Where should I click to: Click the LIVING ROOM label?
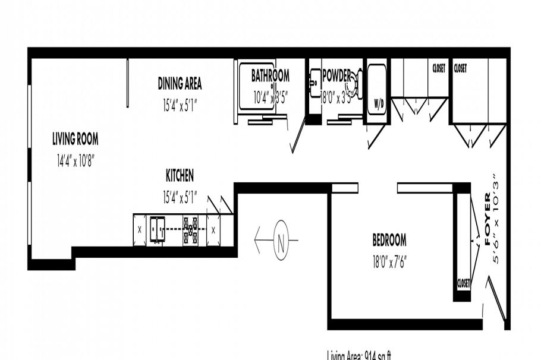coord(75,140)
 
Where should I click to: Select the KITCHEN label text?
coord(180,175)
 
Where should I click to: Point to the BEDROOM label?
coord(389,240)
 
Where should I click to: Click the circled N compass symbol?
coord(282,241)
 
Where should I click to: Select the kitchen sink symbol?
coord(158,229)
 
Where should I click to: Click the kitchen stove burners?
coord(190,229)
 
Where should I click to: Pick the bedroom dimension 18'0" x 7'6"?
coord(389,260)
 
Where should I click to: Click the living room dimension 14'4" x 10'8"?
coord(76,160)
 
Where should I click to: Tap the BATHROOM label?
coord(270,76)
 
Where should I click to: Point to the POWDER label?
coord(336,76)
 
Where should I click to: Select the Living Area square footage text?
coord(358,355)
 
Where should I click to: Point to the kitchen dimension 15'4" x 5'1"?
coord(180,195)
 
